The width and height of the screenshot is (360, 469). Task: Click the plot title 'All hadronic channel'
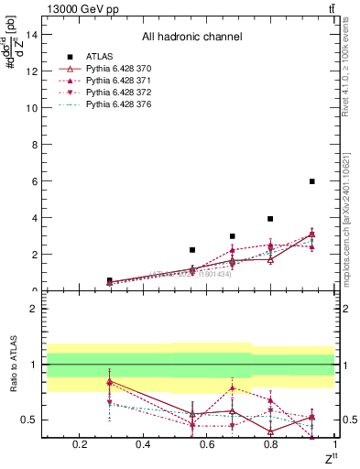point(191,37)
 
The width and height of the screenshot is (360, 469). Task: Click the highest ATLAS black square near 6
point(312,181)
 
